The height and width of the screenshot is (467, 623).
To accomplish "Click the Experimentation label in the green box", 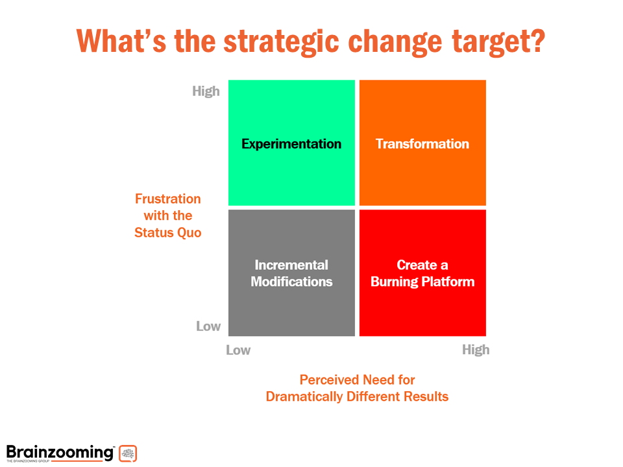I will coord(291,144).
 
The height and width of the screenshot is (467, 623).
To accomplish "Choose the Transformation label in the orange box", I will coord(422,144).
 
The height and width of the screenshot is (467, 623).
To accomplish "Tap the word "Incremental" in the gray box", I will coord(291,265).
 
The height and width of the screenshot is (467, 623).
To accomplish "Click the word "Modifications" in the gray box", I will coord(291,281).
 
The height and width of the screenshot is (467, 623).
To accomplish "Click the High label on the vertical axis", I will coord(206,91).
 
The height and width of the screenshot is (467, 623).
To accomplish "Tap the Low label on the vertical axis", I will coord(208,326).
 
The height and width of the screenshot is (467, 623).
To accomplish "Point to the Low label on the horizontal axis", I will coord(238,350).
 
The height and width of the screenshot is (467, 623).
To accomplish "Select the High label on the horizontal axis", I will coord(476,350).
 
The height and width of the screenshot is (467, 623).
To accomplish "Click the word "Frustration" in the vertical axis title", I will coord(168,198).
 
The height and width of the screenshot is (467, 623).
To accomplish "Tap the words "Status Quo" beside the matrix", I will coord(168,232).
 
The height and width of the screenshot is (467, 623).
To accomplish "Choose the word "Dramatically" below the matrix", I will coord(304,396).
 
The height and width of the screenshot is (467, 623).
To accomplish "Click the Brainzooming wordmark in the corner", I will coord(60,451).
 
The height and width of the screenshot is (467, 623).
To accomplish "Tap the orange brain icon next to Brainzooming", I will coord(128,453).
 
